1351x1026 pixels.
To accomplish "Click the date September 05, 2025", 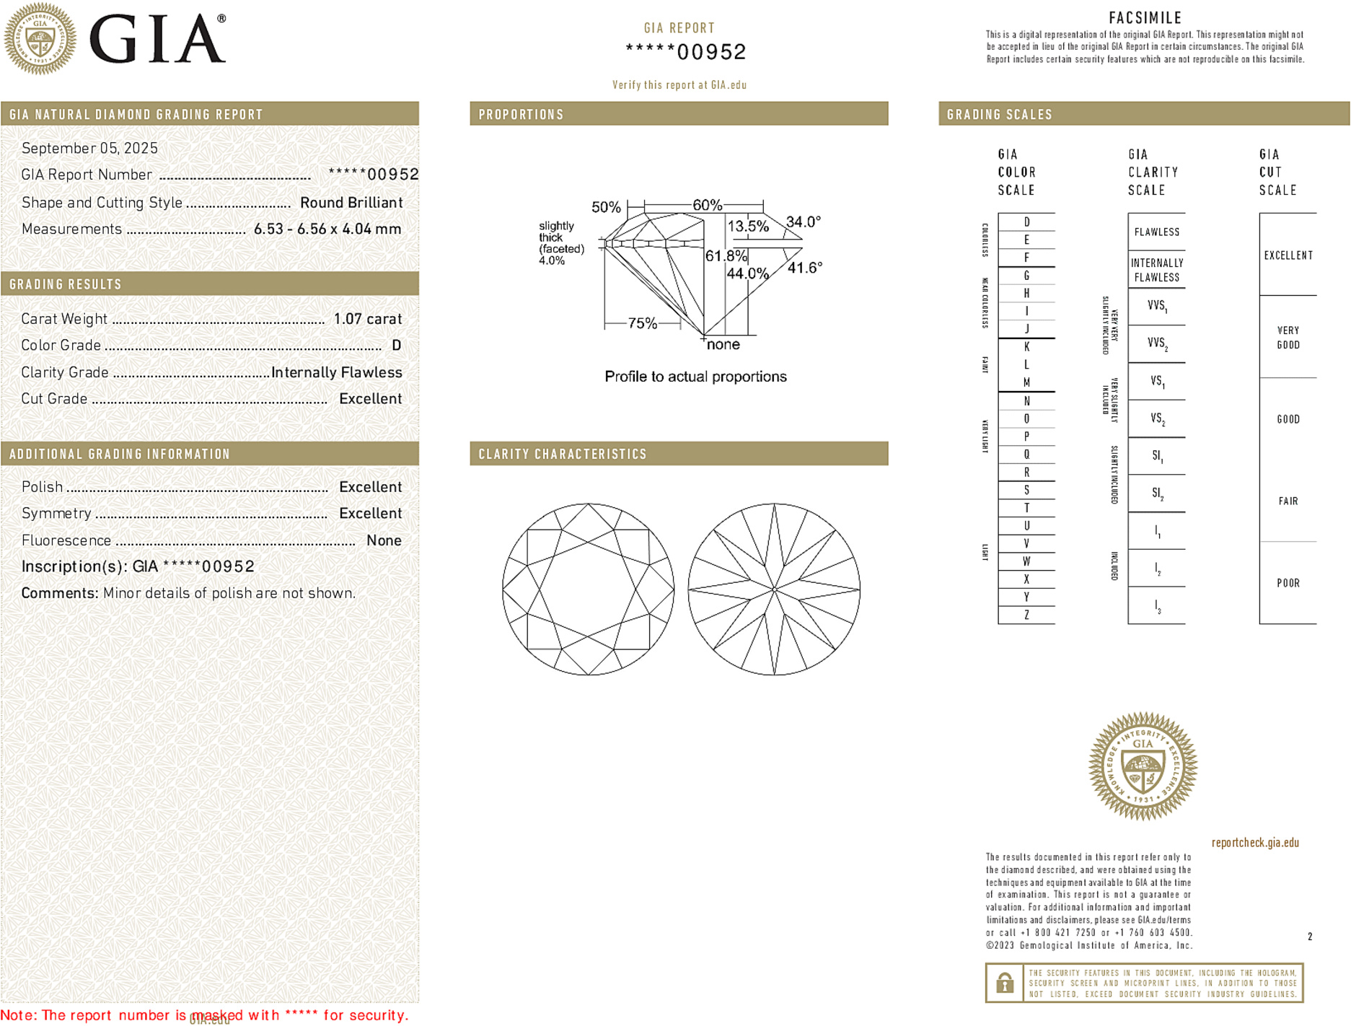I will [89, 149].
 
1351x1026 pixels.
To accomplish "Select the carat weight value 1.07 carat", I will [367, 319].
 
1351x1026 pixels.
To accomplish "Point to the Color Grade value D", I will [396, 346].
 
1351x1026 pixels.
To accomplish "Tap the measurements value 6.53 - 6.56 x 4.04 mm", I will [327, 229].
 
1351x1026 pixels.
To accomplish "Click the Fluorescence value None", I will [384, 540].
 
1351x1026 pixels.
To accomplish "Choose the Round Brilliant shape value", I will [351, 203].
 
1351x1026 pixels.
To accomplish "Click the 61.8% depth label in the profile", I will [726, 256].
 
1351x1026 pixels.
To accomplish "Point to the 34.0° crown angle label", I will [804, 222].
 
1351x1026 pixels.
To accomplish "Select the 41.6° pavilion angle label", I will [805, 268].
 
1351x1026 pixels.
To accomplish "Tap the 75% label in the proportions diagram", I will [642, 323].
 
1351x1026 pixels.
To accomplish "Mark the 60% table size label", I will [707, 205].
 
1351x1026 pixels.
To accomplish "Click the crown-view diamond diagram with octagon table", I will [589, 589].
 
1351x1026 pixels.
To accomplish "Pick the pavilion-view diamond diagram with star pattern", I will [774, 589].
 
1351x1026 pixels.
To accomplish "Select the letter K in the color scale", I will [1026, 347].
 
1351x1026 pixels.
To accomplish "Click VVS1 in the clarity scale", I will [1157, 306].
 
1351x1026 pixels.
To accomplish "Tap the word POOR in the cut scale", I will [1288, 583].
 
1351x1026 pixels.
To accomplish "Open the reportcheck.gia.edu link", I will [1255, 843].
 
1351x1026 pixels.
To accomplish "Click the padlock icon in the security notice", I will [1004, 983].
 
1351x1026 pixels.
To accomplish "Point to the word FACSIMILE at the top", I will [1145, 18].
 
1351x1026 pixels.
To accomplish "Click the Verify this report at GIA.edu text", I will [679, 85].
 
